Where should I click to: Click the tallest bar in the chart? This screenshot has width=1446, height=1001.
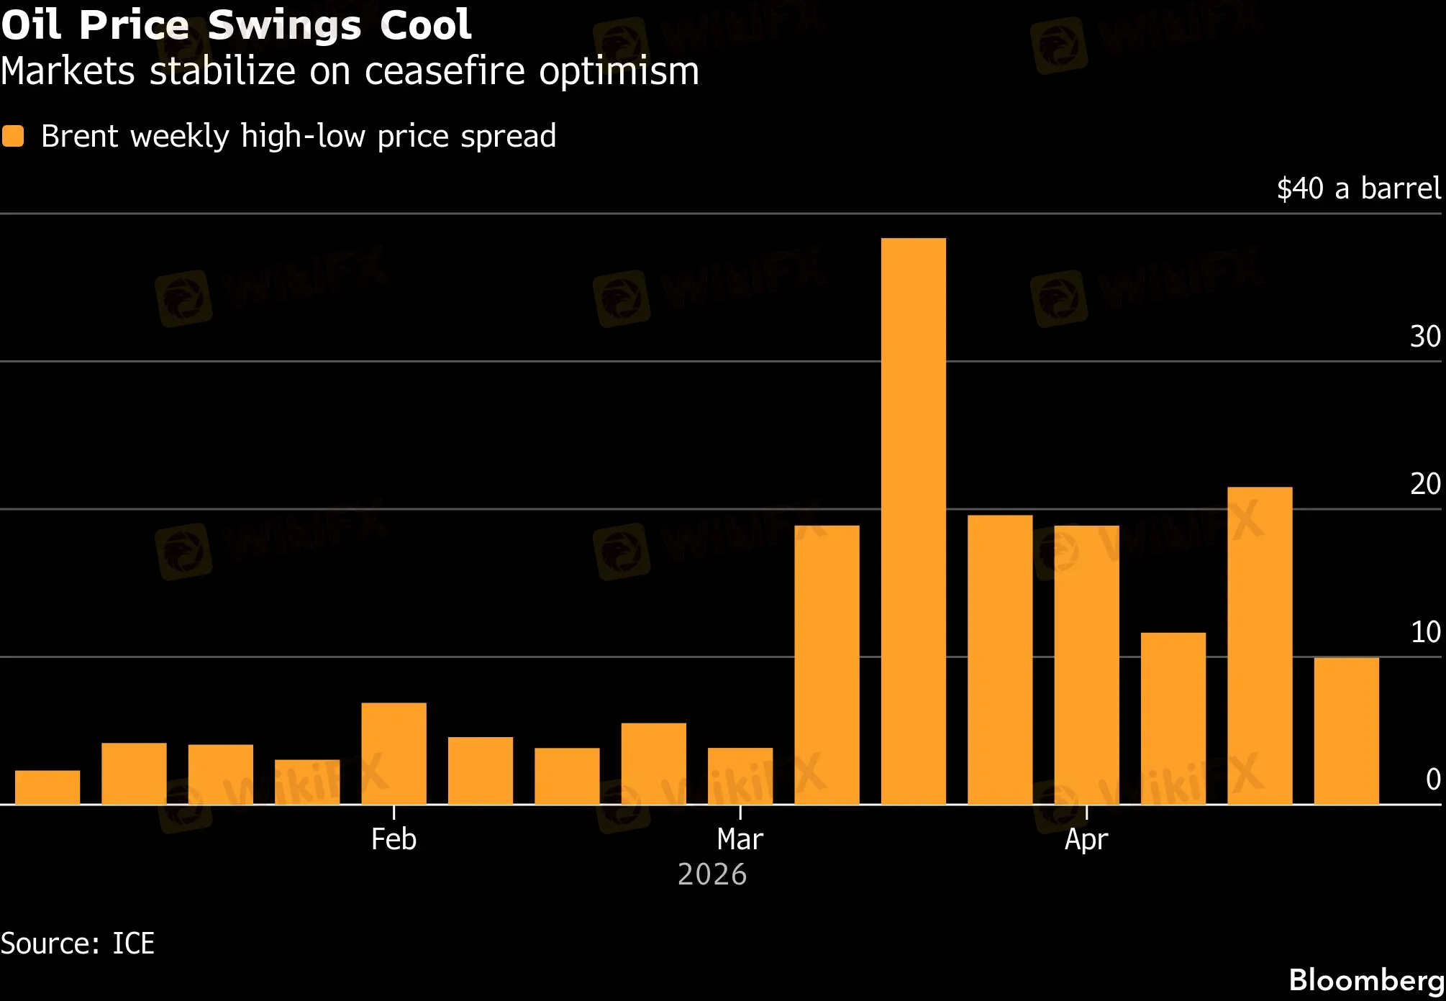913,521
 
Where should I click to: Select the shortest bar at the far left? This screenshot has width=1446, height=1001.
47,787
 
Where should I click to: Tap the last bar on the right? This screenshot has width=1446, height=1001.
1346,731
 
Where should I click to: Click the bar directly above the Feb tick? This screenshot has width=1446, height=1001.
394,753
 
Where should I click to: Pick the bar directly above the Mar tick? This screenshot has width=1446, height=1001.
740,776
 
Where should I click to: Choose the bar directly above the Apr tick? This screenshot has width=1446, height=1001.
1086,664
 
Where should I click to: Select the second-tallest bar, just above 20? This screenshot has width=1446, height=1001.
1260,645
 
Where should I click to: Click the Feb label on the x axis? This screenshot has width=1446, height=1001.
394,839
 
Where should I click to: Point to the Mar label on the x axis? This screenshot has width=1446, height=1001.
740,839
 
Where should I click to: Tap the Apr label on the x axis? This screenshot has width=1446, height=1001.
1086,839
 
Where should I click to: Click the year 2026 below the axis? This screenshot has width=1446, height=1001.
712,874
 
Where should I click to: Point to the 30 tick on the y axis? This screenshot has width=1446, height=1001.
1425,337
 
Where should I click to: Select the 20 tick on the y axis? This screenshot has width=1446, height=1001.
1425,484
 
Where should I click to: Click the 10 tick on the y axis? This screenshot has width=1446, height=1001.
1425,632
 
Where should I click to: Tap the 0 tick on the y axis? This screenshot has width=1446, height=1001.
1433,780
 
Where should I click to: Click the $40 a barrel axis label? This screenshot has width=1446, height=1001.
1359,188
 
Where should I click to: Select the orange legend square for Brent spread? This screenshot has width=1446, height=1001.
13,136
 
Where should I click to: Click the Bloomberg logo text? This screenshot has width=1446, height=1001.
1366,980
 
